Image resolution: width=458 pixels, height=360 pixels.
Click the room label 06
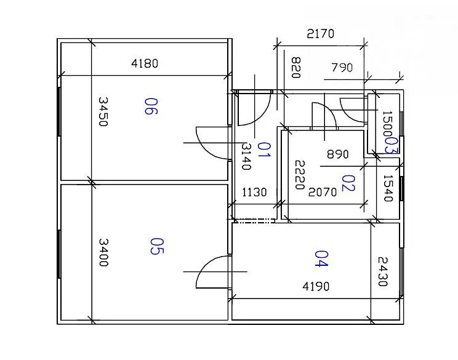click(x=151, y=106)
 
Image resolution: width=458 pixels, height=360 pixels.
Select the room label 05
click(x=157, y=246)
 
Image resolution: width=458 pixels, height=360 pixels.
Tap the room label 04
click(x=321, y=258)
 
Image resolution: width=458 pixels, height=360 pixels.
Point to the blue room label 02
click(x=348, y=183)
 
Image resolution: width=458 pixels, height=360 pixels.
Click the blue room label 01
click(x=264, y=150)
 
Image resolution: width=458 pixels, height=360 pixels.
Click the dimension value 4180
click(x=145, y=63)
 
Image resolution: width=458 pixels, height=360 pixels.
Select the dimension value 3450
click(x=103, y=111)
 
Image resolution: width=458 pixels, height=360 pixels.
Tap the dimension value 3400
click(x=103, y=252)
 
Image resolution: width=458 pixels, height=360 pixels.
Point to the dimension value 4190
click(x=316, y=286)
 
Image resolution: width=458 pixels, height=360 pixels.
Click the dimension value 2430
click(x=383, y=271)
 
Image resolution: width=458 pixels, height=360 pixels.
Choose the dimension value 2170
click(x=321, y=34)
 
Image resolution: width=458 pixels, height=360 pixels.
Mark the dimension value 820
click(x=296, y=68)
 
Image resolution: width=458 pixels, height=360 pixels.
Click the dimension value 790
click(x=342, y=68)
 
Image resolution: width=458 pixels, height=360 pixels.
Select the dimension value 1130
click(x=254, y=193)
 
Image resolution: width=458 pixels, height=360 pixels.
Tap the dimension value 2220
click(x=300, y=175)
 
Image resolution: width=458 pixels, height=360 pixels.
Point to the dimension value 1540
click(x=388, y=188)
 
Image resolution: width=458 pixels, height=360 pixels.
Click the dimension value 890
click(x=338, y=154)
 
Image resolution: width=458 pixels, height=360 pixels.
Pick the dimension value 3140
click(x=246, y=156)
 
